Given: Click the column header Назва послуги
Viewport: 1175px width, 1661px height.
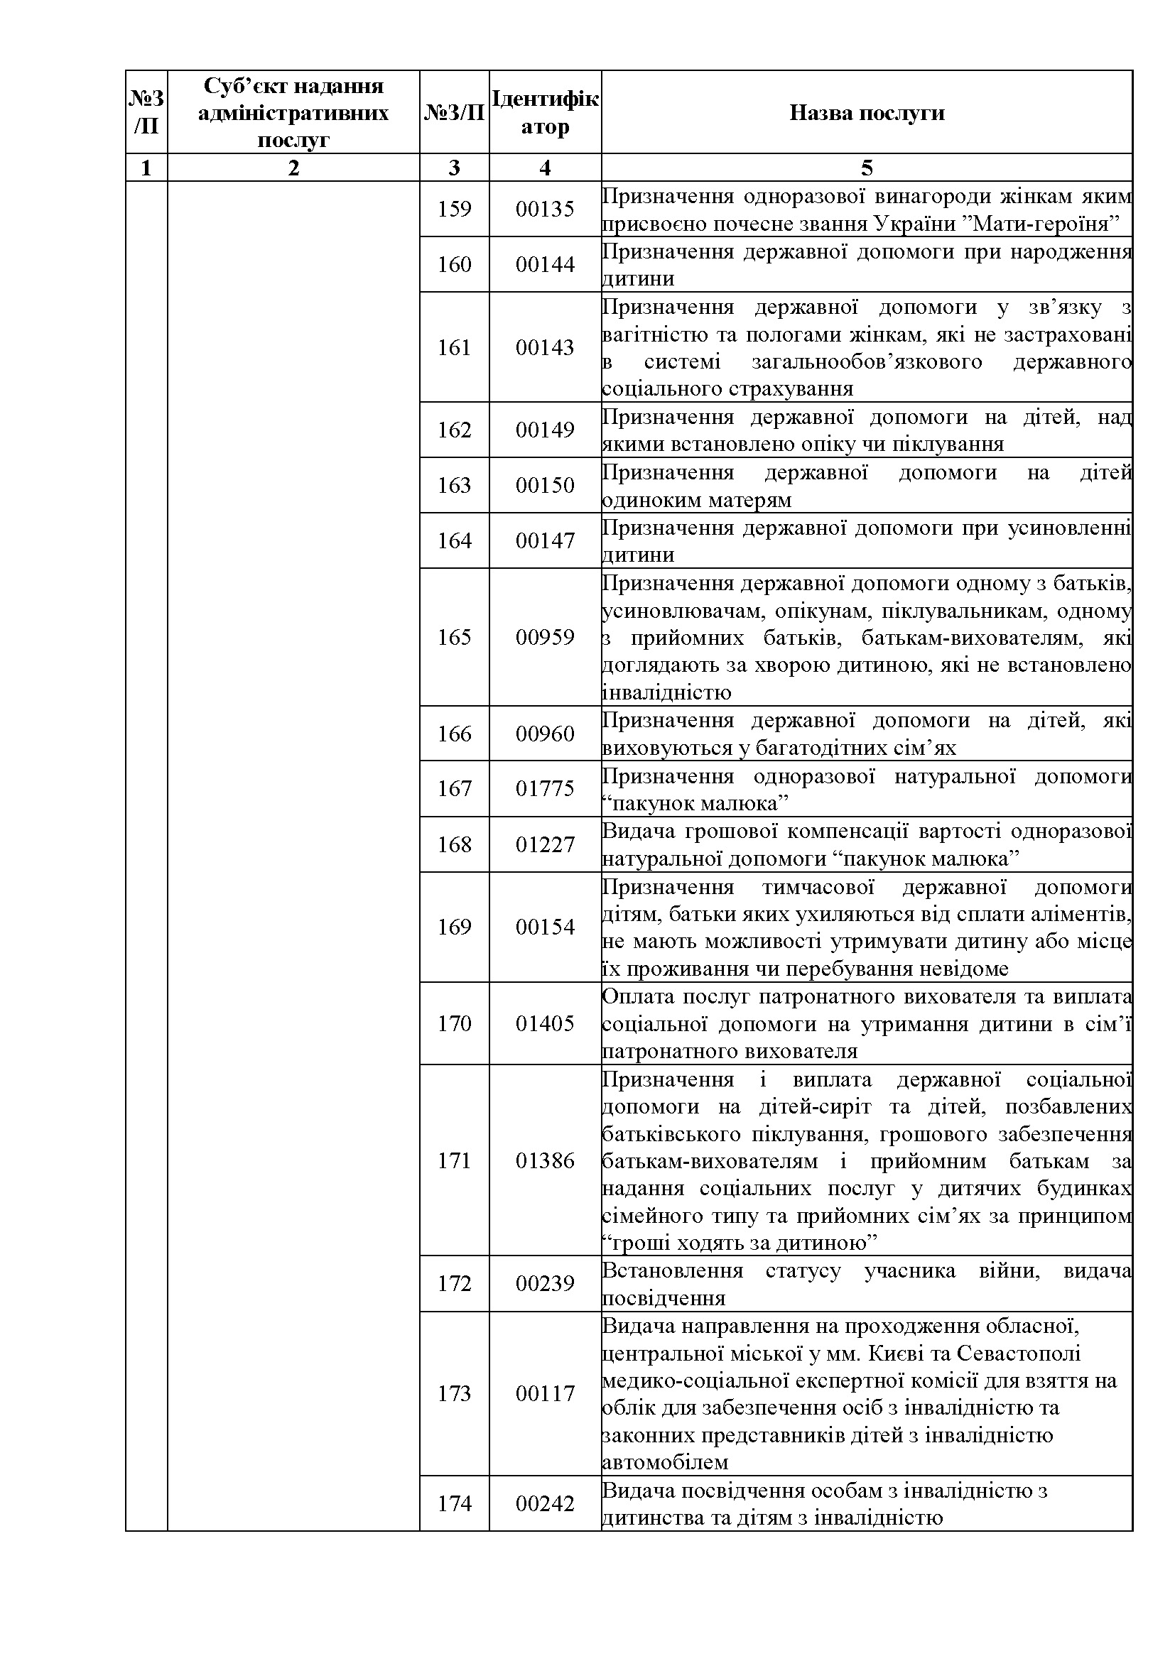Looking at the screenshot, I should pos(866,113).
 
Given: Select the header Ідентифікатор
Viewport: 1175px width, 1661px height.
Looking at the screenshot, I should pos(545,113).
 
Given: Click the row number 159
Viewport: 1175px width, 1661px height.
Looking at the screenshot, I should pos(455,209).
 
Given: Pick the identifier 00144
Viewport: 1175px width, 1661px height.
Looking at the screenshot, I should pos(545,265).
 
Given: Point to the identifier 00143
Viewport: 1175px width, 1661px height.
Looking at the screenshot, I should pos(545,348).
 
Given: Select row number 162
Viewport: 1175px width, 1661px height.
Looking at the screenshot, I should pos(455,430).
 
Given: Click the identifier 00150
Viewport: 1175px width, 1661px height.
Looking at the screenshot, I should pos(545,486).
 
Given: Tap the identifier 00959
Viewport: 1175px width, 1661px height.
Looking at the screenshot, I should pos(545,637).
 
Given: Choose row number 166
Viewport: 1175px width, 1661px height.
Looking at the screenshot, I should pos(455,734).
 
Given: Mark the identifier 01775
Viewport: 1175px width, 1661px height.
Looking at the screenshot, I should pos(545,788).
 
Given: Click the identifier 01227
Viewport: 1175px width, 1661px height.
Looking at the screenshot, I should pos(545,845).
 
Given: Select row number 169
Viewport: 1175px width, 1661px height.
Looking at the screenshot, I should pos(455,927).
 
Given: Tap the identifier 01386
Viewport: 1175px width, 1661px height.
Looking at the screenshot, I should pos(545,1161).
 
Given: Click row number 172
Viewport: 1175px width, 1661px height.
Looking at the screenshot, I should pos(455,1284).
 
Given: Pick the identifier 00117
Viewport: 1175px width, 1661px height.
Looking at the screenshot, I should pos(545,1394).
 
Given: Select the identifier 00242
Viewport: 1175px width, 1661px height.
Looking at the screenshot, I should pos(545,1504).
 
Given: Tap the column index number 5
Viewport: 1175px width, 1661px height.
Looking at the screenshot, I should pos(866,168).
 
